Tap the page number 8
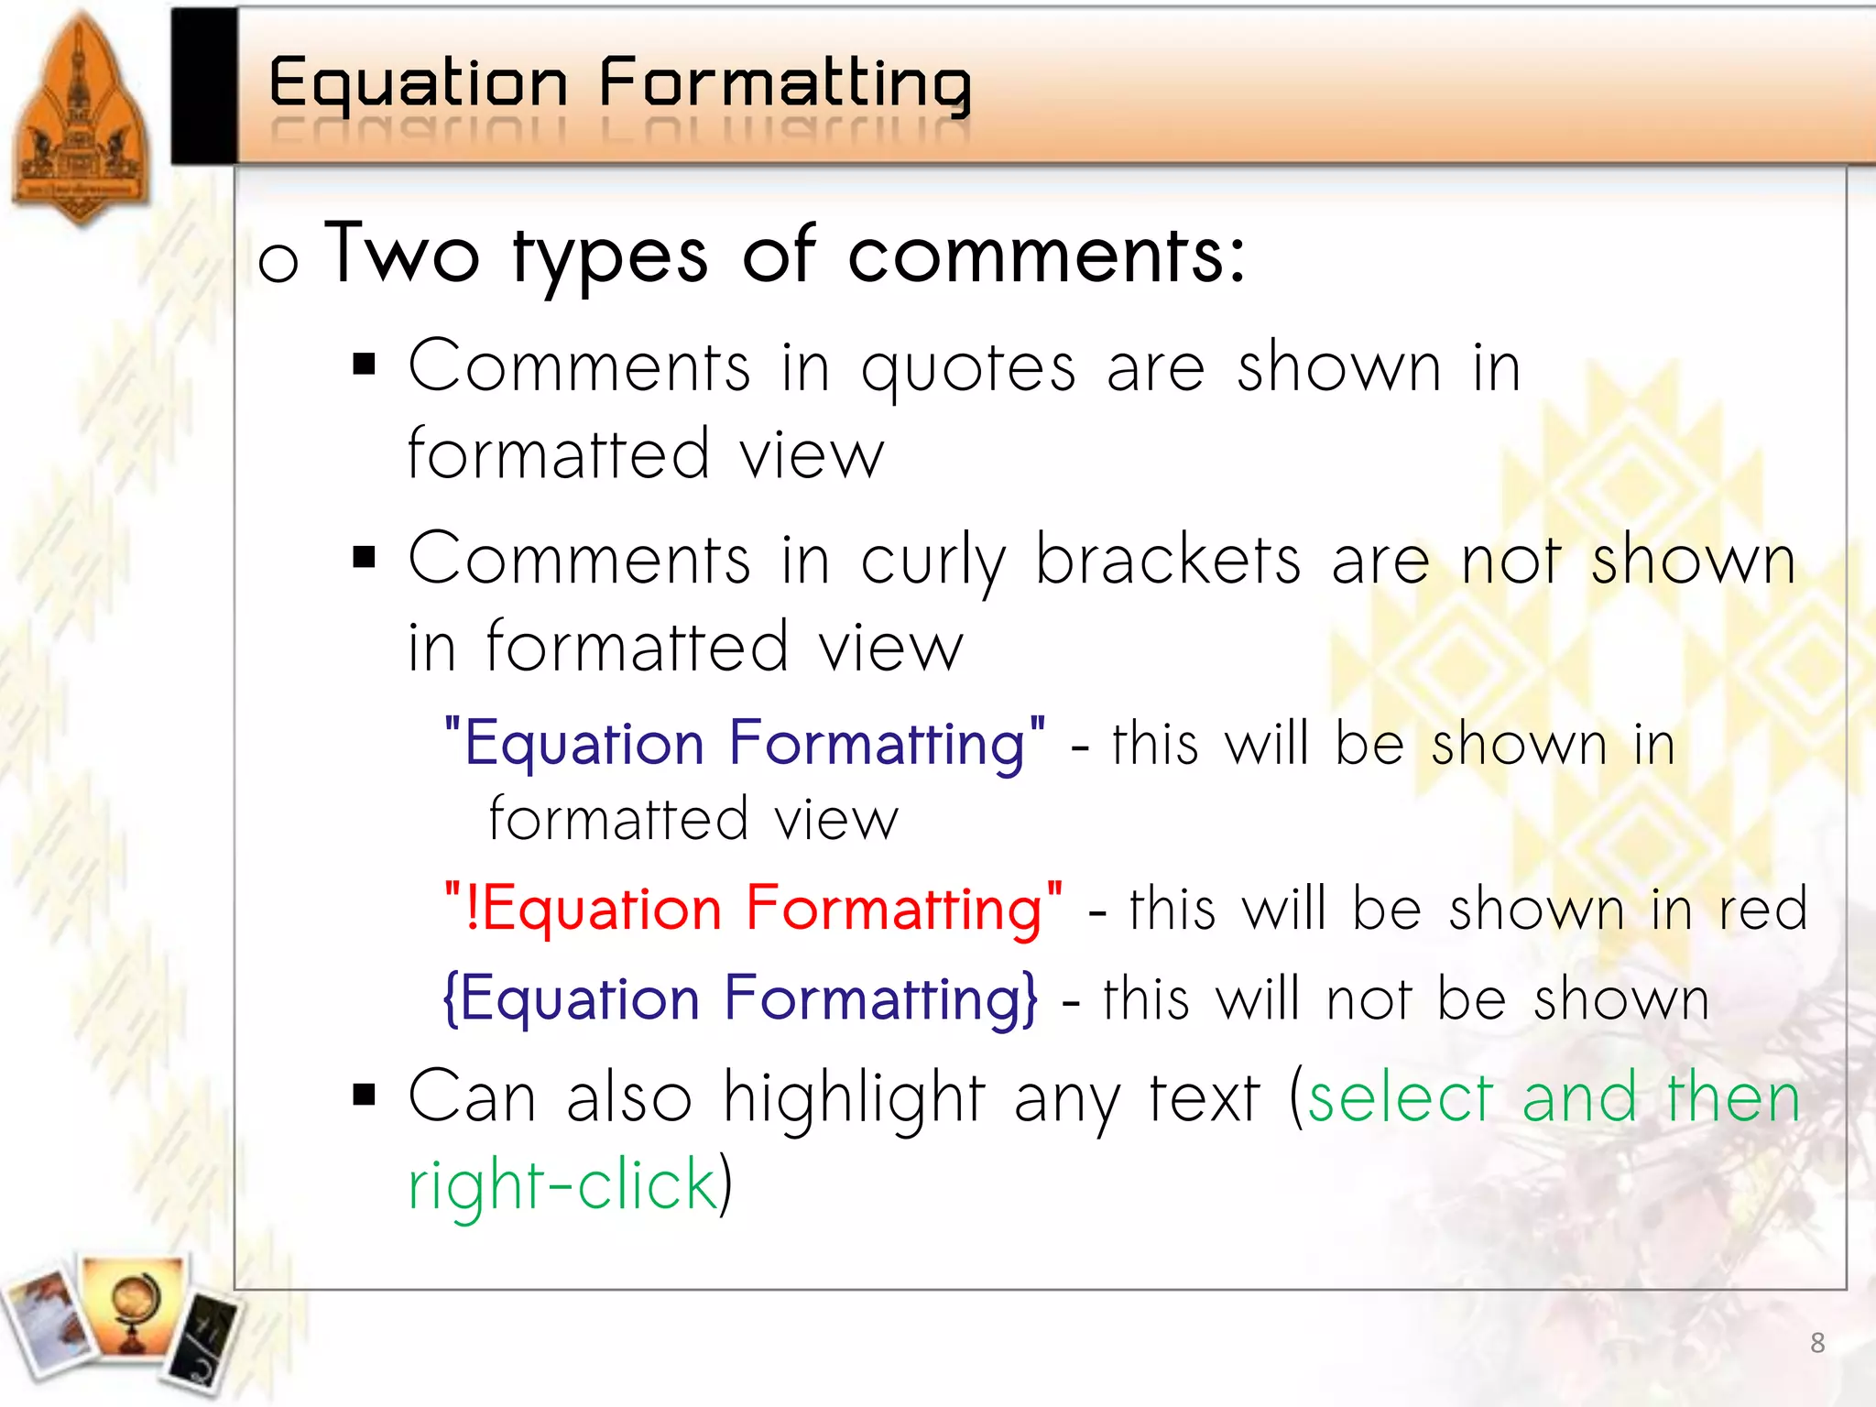click(1817, 1343)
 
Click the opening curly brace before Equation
click(451, 998)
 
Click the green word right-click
click(562, 1185)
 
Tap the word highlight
click(854, 1099)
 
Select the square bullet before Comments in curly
click(365, 557)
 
